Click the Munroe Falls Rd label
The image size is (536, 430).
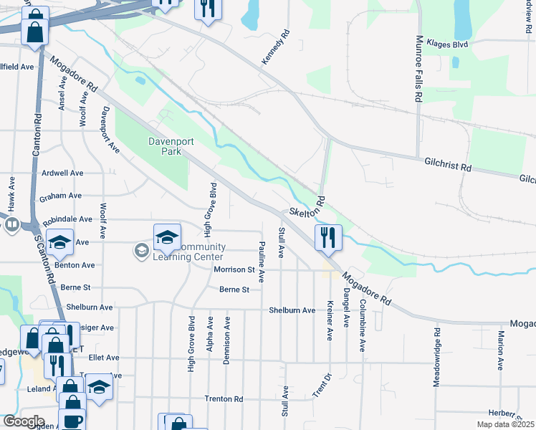(416, 70)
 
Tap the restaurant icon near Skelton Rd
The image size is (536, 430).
(328, 237)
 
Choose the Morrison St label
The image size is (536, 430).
(234, 269)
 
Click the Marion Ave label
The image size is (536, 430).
(500, 349)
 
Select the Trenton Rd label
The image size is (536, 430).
(224, 398)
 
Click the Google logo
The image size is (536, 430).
(23, 421)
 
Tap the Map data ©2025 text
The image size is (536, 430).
(505, 424)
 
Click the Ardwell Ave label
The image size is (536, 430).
(62, 173)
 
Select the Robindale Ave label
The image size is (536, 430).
(67, 219)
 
